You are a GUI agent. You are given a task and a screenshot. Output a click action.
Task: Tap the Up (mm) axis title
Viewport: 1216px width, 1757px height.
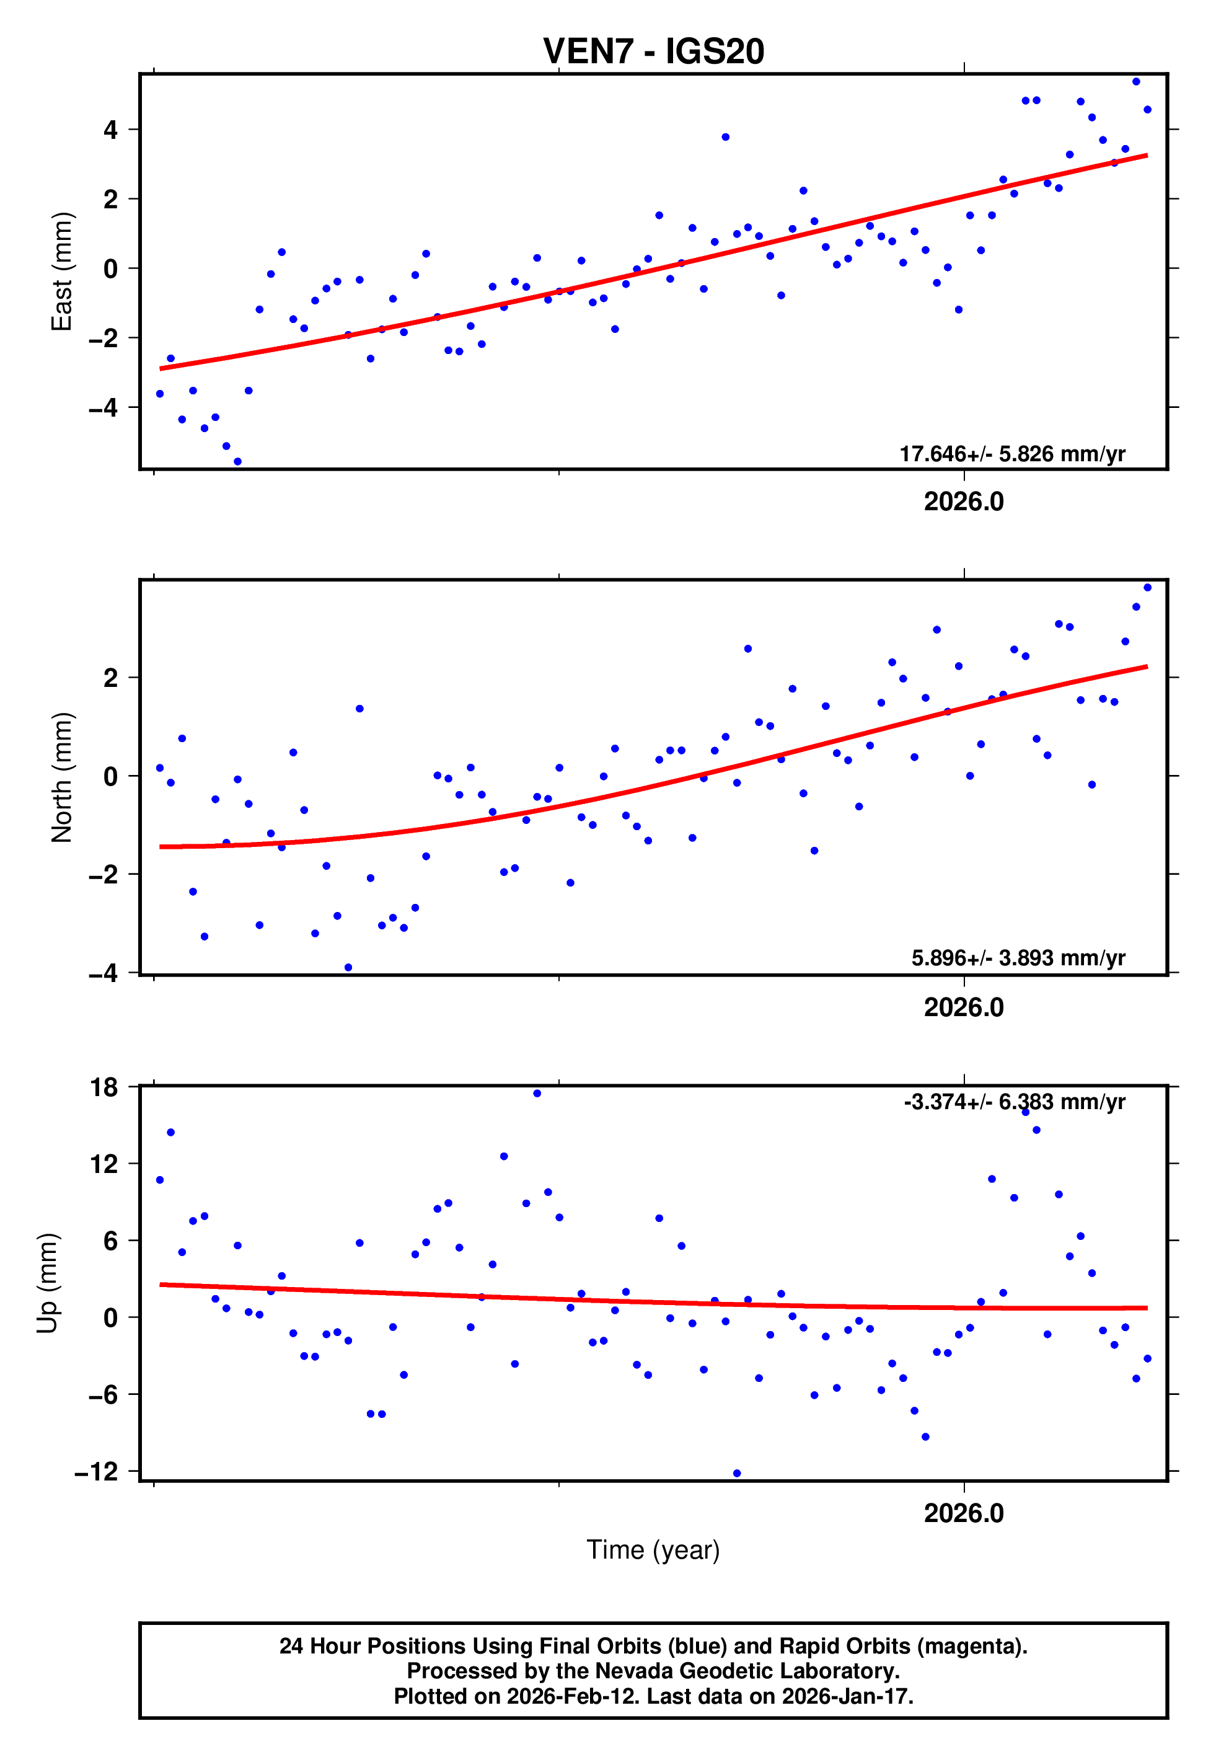coord(47,1283)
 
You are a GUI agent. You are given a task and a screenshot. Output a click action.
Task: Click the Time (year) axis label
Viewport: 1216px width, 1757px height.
coord(653,1550)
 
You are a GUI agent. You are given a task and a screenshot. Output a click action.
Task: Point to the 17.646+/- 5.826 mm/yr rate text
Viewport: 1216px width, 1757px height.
coord(1012,454)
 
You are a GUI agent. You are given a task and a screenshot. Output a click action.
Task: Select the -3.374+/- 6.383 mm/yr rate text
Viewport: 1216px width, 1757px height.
coord(1014,1102)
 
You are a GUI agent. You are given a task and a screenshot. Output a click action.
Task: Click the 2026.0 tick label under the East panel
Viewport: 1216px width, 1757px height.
coord(964,502)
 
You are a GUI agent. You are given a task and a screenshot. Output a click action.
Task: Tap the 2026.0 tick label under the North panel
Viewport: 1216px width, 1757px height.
coord(964,1007)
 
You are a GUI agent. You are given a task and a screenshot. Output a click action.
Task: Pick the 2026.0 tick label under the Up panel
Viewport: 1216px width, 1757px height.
coord(964,1513)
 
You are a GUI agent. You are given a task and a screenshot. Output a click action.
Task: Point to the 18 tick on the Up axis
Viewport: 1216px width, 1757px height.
coord(104,1087)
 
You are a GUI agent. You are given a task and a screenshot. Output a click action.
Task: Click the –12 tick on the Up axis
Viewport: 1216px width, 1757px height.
coord(96,1471)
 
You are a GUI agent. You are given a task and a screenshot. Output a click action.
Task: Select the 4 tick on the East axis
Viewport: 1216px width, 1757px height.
coord(111,130)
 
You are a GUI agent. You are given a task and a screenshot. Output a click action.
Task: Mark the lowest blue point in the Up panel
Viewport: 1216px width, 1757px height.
coord(737,1474)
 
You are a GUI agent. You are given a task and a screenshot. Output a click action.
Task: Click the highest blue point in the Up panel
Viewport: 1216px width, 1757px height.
coord(537,1094)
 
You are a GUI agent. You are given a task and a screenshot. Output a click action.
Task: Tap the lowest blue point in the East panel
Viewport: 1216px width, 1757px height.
coord(238,462)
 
